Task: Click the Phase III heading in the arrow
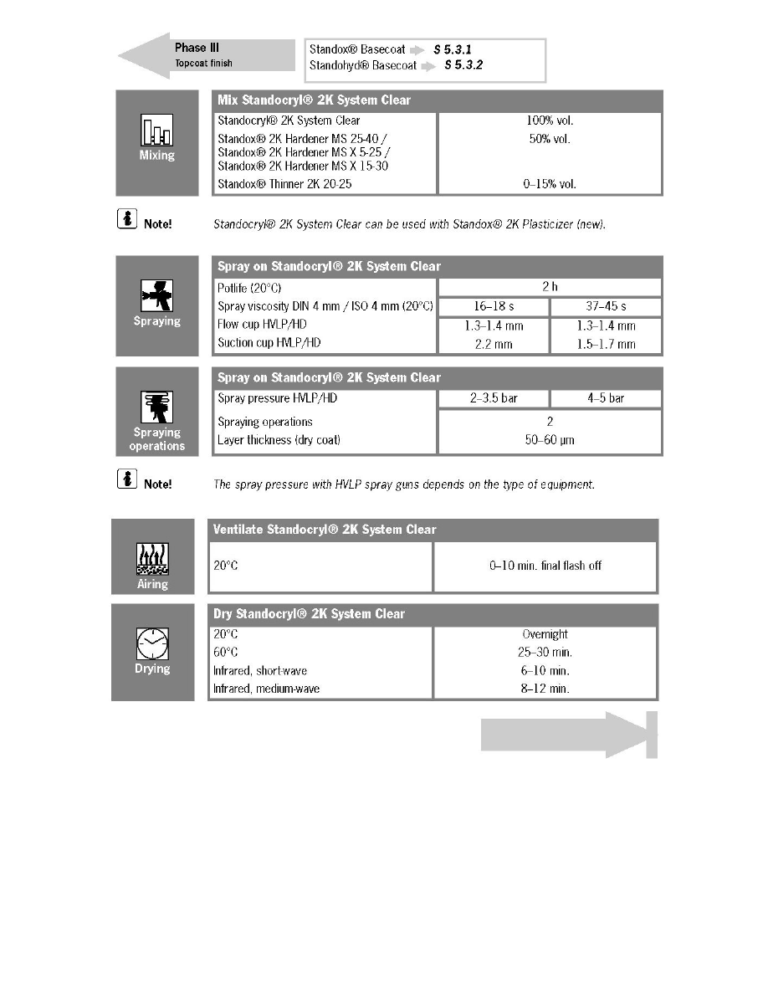[x=197, y=48]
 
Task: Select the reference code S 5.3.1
[x=453, y=49]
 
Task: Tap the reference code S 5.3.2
[x=464, y=64]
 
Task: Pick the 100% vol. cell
[x=550, y=120]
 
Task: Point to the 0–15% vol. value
[x=550, y=183]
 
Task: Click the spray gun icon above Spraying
[x=156, y=296]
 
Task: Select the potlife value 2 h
[x=550, y=287]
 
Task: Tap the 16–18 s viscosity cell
[x=493, y=307]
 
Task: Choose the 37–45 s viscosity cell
[x=606, y=307]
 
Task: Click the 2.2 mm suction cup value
[x=493, y=343]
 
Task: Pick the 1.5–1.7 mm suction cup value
[x=606, y=343]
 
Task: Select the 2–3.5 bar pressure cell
[x=493, y=398]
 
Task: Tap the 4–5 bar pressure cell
[x=606, y=398]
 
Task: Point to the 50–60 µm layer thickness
[x=550, y=440]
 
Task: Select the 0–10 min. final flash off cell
[x=545, y=566]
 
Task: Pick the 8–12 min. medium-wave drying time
[x=545, y=689]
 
